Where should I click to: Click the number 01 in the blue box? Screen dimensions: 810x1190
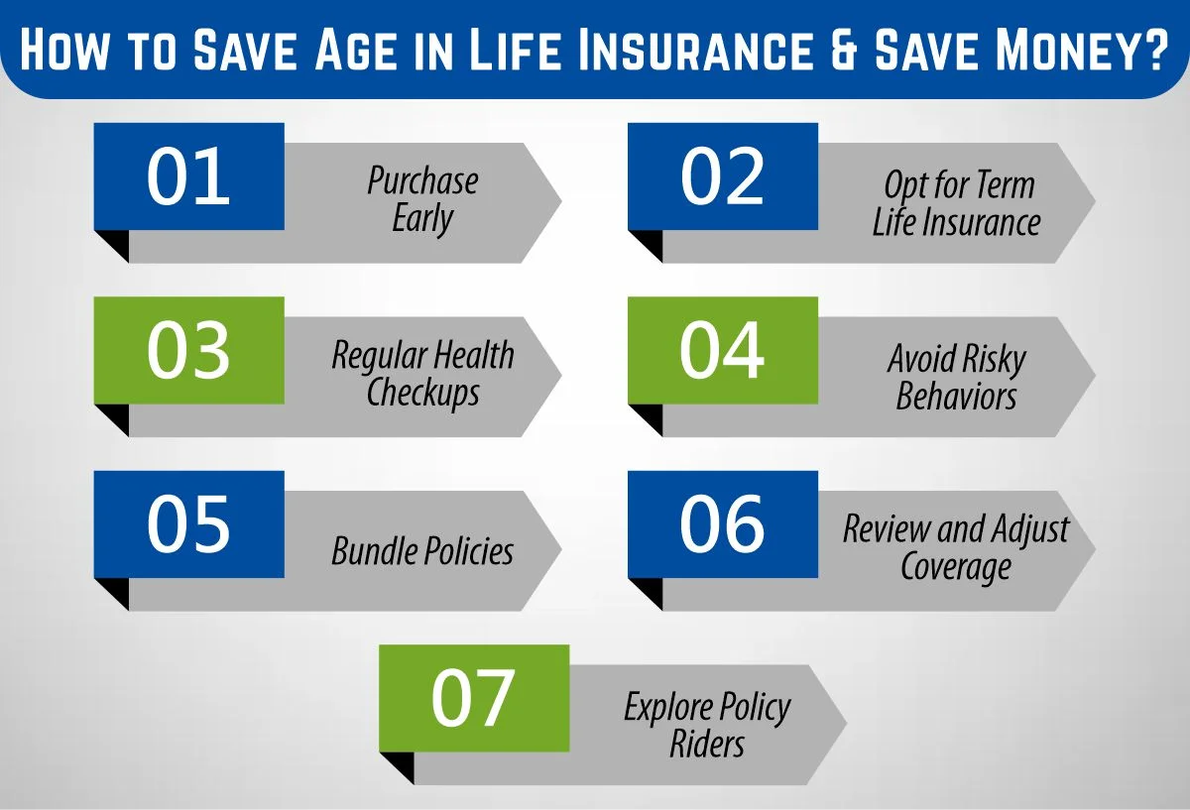point(188,176)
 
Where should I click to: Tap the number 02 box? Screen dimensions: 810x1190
point(722,176)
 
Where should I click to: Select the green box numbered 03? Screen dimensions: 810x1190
point(188,350)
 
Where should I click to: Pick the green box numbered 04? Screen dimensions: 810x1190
point(722,350)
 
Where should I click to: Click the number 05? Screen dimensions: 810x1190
point(188,524)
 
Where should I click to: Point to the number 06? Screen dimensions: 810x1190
point(722,524)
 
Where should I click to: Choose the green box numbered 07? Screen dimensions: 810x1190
point(473,698)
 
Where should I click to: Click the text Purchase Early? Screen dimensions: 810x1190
point(422,200)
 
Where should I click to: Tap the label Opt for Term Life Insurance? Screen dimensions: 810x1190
point(956,203)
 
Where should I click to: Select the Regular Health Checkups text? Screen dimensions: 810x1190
point(422,374)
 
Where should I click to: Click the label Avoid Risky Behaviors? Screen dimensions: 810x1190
point(956,377)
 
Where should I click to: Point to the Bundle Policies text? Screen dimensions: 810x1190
point(422,551)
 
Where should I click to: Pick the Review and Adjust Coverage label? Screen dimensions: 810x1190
point(956,548)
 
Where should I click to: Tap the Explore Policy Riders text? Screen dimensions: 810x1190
point(707,725)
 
